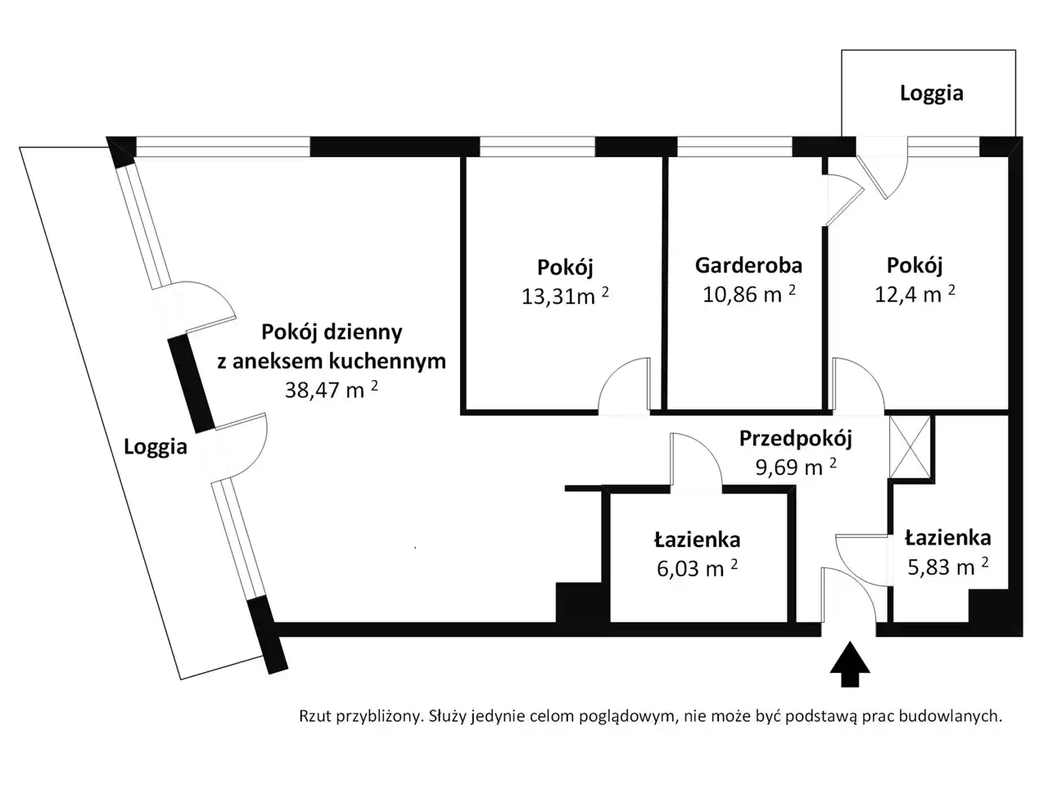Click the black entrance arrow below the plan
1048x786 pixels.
pos(849,664)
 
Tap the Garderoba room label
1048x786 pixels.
pos(748,265)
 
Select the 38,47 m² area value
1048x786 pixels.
pos(332,390)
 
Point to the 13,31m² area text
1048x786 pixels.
pos(565,296)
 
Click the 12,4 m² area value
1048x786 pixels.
pos(915,293)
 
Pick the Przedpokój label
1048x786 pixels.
pos(796,439)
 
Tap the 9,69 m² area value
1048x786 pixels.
pos(796,467)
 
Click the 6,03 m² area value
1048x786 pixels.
pos(697,568)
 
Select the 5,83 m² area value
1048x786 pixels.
pos(948,567)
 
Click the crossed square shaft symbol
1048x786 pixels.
pos(910,447)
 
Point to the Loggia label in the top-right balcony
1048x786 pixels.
pos(932,93)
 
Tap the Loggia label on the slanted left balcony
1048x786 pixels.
pos(156,447)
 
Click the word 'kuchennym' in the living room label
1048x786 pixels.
pos(387,361)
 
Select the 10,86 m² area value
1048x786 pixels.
pos(748,293)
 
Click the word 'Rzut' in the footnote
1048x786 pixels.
pos(315,716)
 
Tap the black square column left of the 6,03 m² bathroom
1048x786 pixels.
pos(578,603)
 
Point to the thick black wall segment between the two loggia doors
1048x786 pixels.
pos(191,384)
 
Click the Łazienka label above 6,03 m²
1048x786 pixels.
pos(697,540)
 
